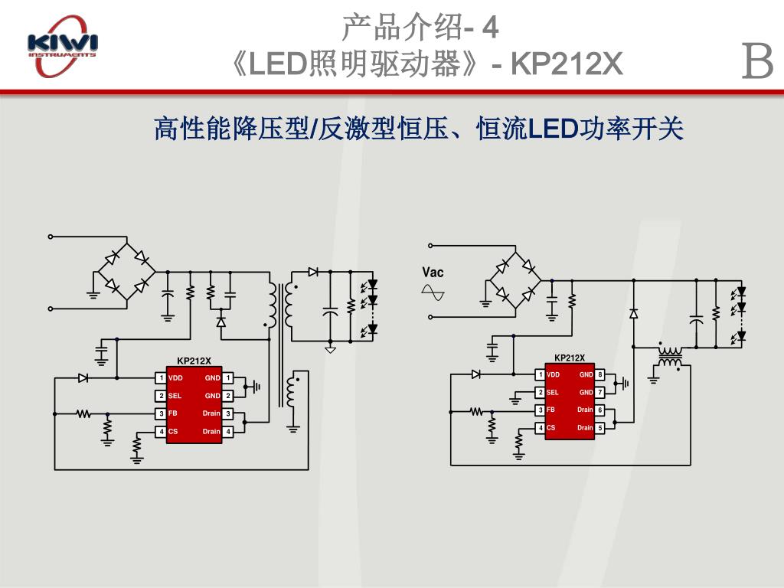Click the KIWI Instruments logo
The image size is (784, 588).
tap(62, 45)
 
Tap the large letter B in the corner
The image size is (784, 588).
tap(758, 62)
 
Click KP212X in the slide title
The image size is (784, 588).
tap(567, 65)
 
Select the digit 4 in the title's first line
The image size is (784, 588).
tap(491, 28)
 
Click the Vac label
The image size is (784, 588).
tap(433, 273)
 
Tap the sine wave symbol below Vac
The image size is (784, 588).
tap(433, 292)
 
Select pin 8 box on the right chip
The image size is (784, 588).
tap(600, 374)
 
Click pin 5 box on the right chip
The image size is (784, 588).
tap(600, 427)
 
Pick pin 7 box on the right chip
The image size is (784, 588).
tap(600, 392)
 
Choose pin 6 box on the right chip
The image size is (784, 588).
tap(600, 410)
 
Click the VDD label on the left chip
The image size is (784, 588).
tap(175, 377)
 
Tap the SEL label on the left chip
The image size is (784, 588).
tap(175, 396)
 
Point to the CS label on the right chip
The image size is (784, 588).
tap(550, 427)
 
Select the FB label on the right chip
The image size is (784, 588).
tap(550, 410)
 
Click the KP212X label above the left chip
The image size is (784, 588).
tap(194, 361)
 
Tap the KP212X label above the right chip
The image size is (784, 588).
tap(570, 358)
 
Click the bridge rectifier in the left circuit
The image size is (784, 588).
tap(126, 271)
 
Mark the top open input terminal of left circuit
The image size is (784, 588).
tap(51, 236)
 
